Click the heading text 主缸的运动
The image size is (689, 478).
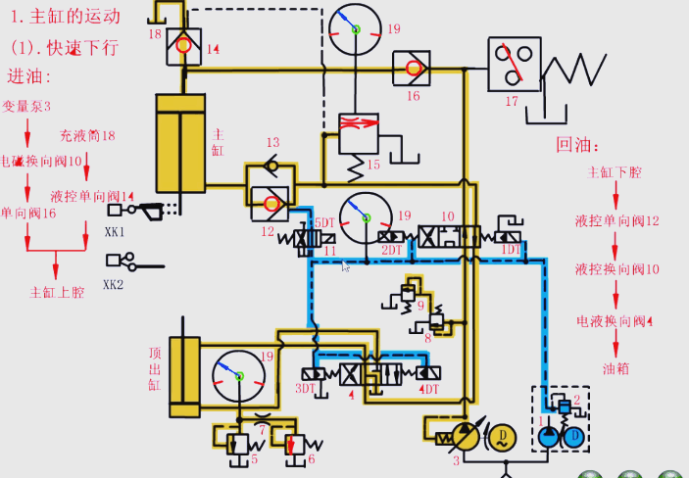74,16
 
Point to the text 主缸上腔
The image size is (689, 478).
57,292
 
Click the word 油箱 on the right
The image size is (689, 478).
615,369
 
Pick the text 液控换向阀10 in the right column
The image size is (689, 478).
616,268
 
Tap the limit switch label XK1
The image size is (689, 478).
116,233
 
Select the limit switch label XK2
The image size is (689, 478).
116,285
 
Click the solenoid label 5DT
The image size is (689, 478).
324,223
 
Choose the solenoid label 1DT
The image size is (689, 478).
510,250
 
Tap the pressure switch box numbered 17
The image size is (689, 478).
514,65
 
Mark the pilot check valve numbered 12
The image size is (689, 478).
270,204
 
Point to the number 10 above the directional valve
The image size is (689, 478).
448,215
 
